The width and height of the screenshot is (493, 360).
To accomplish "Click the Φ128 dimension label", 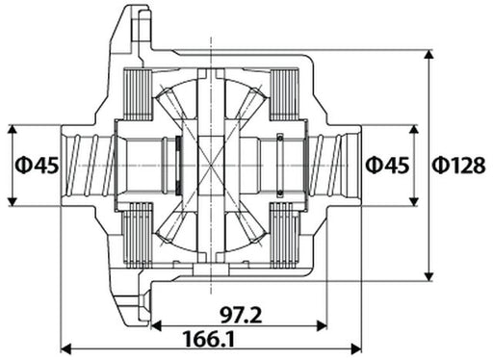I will tap(458, 166).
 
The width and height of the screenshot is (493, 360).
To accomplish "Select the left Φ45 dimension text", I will tap(38, 166).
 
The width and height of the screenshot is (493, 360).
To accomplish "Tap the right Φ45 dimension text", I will tap(387, 166).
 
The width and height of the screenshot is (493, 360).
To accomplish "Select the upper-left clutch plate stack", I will tap(141, 96).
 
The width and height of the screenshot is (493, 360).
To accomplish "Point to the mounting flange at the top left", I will tap(125, 34).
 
